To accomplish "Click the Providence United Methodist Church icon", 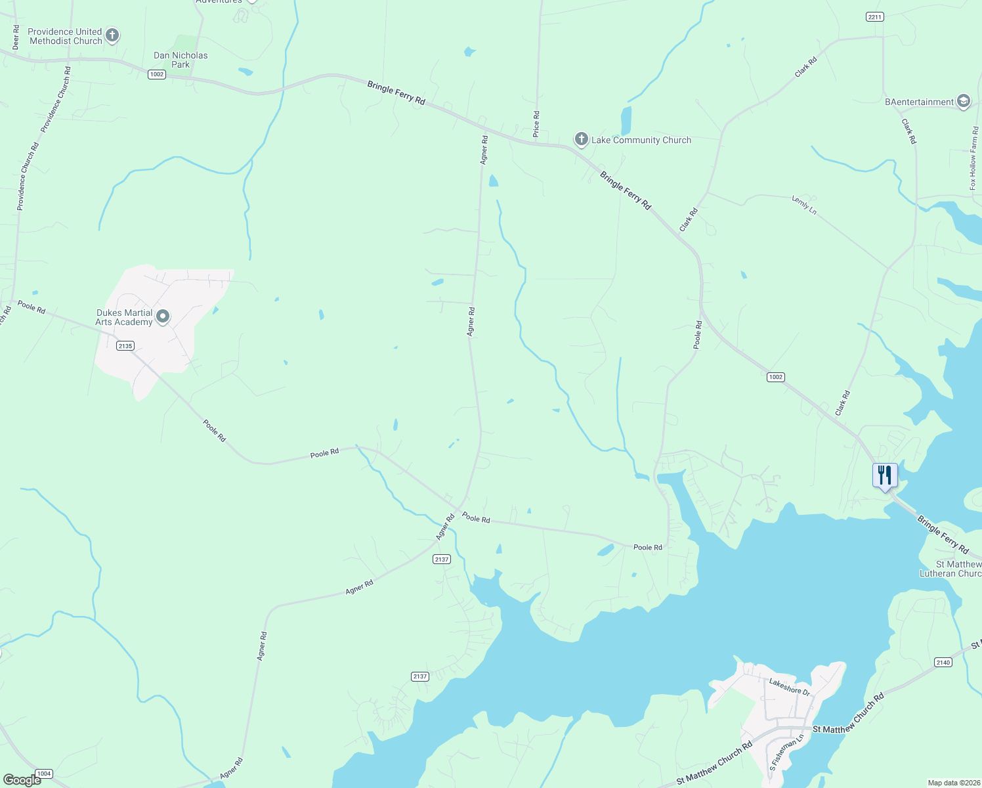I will click(x=112, y=35).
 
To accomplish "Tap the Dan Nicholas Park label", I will click(x=181, y=60).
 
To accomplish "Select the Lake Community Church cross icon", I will click(x=581, y=139).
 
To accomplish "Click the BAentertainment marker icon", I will click(x=963, y=101).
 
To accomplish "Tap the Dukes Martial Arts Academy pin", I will click(x=163, y=317).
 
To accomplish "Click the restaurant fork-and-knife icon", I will click(x=885, y=475).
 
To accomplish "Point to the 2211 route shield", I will click(x=875, y=17).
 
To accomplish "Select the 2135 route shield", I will click(x=125, y=345).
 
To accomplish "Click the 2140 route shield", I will click(x=943, y=662).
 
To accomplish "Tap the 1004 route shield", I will click(x=44, y=774).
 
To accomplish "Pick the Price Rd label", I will click(x=536, y=124).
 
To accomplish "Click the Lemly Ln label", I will click(x=804, y=205).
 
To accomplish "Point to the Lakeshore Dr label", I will click(x=789, y=688).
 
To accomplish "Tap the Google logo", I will click(x=22, y=779).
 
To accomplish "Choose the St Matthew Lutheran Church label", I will click(x=958, y=569).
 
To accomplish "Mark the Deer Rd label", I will click(x=16, y=38).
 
